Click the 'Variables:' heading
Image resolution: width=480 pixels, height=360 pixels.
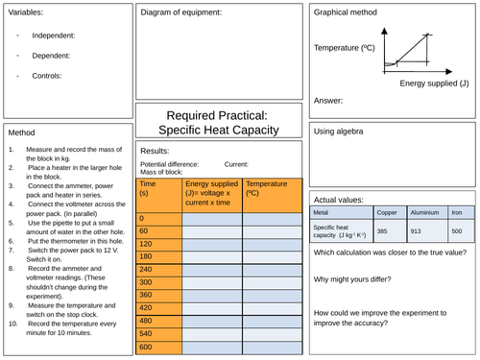[x=26, y=13]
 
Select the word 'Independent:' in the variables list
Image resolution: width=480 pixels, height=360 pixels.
[x=54, y=36]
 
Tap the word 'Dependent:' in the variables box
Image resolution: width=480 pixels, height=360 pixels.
[x=52, y=56]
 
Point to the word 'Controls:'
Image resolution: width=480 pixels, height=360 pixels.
[x=47, y=76]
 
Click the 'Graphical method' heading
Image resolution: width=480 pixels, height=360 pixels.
[x=347, y=14]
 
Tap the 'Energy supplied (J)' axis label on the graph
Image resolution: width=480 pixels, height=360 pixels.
[x=434, y=83]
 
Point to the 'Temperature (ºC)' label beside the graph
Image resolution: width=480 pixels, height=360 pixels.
[x=344, y=46]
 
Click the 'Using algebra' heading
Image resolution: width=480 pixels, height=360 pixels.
[x=341, y=131]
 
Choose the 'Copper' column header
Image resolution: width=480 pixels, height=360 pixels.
[x=387, y=211]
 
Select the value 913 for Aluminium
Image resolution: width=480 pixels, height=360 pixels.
[x=423, y=230]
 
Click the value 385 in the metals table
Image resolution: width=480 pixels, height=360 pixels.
[x=382, y=230]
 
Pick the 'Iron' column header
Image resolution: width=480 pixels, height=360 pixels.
[x=456, y=211]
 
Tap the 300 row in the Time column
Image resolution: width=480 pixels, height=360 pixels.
[x=147, y=282]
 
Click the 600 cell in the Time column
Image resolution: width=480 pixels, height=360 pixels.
[x=147, y=347]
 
